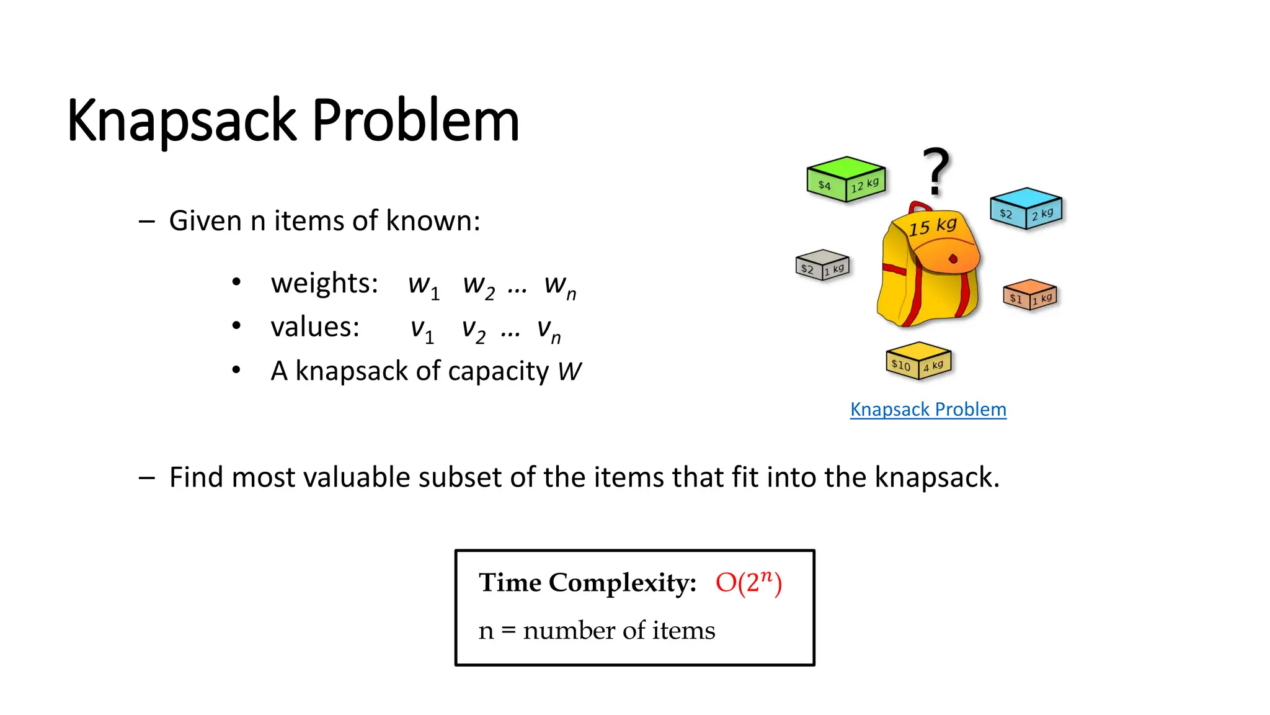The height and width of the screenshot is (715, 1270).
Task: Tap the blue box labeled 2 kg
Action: pos(1026,209)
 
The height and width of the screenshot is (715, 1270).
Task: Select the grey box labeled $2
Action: pos(822,265)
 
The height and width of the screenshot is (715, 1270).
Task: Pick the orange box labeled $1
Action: pos(1030,295)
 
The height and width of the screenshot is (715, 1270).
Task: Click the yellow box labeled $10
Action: pos(918,361)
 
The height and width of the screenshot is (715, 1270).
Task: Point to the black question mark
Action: pos(936,171)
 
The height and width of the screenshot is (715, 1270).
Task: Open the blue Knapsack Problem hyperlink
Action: pos(928,410)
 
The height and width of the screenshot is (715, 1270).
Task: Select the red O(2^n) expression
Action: pos(748,583)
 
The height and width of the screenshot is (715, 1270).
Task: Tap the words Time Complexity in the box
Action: pos(587,583)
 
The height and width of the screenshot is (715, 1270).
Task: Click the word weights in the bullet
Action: pos(324,284)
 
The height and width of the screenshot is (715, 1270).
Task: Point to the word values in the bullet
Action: pos(314,327)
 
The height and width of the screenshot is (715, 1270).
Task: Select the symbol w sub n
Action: pos(559,287)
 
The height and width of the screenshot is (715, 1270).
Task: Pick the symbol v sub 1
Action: pos(422,330)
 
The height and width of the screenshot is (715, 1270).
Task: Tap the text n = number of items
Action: pos(597,631)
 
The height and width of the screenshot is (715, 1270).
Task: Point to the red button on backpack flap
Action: pos(953,259)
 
